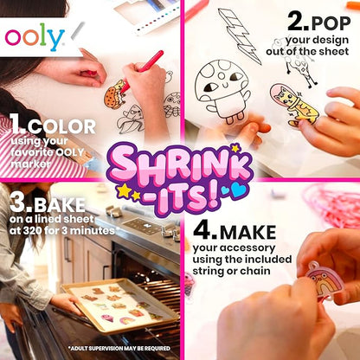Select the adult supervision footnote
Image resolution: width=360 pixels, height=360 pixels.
coord(122,349)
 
